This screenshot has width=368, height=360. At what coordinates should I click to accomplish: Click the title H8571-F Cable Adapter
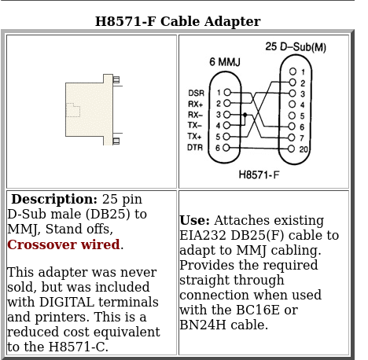178,21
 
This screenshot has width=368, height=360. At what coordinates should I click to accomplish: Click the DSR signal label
196,93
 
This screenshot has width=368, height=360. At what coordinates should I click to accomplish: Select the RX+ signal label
196,104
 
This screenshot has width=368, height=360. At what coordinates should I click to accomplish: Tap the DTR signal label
195,148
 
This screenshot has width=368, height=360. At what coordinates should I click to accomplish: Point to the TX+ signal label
194,136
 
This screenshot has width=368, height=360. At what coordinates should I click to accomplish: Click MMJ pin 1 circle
227,92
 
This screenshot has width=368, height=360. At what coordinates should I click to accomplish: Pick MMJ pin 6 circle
226,148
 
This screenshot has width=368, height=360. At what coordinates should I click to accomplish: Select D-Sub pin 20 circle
291,149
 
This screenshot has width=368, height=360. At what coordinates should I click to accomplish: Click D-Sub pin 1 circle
293,72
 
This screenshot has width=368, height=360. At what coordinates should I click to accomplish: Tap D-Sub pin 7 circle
292,138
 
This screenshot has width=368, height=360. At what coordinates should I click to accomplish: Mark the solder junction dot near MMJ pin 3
245,115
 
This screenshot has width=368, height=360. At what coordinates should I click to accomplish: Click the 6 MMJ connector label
225,62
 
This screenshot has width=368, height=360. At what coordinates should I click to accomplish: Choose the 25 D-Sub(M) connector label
296,47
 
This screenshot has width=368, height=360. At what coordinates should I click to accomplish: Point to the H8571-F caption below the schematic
259,174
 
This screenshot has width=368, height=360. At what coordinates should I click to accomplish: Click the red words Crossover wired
64,244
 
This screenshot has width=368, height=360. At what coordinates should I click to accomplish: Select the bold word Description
54,199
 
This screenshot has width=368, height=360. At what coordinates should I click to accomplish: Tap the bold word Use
194,220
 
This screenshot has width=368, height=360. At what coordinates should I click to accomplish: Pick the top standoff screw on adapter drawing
116,79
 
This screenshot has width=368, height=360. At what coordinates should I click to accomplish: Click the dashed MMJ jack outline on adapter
73,110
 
